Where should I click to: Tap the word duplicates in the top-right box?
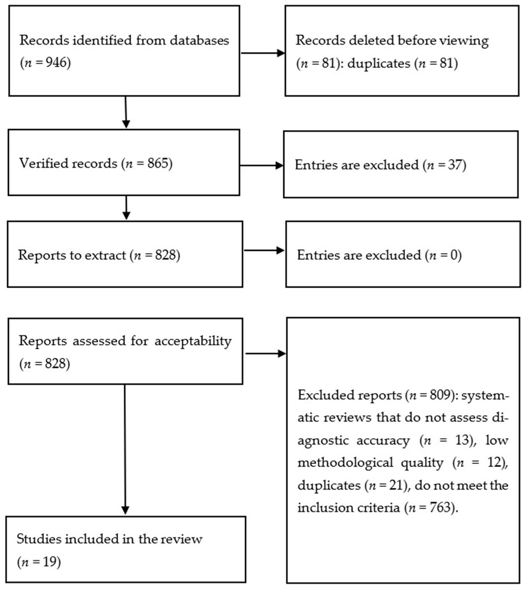click(x=378, y=63)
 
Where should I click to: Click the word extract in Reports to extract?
click(x=105, y=255)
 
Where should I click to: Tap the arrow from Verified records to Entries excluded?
click(x=261, y=165)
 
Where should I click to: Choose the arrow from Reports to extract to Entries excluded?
click(x=264, y=250)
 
